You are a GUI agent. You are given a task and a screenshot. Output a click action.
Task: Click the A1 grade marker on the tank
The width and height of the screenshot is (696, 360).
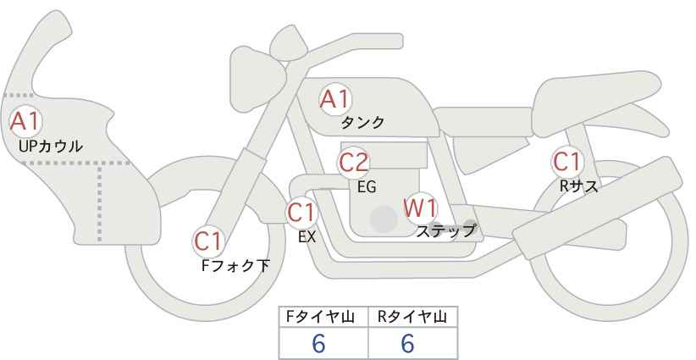[x=335, y=100]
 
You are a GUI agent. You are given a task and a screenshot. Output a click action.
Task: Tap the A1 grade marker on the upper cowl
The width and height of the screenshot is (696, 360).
[x=25, y=121]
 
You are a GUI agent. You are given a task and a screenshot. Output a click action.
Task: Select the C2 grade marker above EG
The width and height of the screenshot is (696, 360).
[x=354, y=163]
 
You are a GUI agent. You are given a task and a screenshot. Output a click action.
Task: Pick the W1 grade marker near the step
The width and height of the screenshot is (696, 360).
[x=421, y=208]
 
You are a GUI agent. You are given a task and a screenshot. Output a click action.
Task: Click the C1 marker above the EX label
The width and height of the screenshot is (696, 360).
[x=301, y=213]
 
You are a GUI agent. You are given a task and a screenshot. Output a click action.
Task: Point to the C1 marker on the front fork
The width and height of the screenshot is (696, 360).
[x=208, y=241]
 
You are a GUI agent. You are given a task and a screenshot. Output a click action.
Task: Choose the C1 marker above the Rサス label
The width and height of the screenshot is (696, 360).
[x=567, y=162]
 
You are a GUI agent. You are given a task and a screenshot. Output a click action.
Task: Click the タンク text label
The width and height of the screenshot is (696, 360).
[x=362, y=123]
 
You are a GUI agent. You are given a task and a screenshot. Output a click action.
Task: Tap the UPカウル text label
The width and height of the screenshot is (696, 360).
[x=51, y=147]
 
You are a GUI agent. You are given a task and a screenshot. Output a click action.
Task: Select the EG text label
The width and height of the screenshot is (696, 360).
[x=367, y=187]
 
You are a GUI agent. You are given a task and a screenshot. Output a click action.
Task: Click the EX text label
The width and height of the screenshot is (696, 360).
[x=307, y=237]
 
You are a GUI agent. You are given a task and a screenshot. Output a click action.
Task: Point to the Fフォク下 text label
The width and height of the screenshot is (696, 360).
[x=235, y=265]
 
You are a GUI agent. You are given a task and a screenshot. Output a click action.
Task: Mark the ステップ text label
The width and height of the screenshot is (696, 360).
[x=445, y=231]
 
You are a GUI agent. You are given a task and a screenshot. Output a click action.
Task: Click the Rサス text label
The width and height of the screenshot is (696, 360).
[x=578, y=186]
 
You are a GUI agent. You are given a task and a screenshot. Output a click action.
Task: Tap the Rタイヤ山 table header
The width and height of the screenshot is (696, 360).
[x=412, y=317]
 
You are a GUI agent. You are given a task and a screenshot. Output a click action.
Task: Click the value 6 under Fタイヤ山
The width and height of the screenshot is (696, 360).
[x=318, y=343]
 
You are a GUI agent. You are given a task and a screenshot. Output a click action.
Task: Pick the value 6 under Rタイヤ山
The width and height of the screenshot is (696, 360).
[x=407, y=343]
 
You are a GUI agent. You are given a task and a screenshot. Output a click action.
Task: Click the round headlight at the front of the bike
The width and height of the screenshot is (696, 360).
[x=257, y=80]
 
